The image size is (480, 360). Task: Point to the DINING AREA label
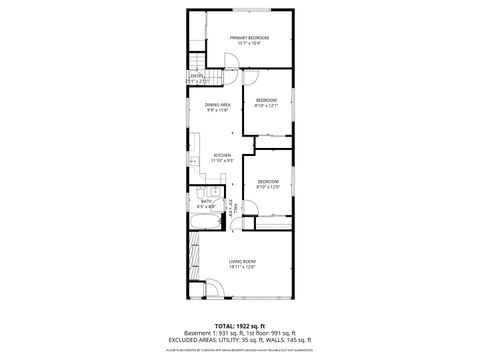218,105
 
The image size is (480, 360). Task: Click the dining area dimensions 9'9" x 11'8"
218,111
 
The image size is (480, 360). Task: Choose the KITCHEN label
222,155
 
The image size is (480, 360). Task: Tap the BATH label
206,201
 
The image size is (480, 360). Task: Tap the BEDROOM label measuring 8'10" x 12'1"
266,100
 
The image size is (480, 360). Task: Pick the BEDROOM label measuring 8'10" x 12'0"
267,182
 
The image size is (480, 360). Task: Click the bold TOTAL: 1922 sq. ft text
239,325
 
